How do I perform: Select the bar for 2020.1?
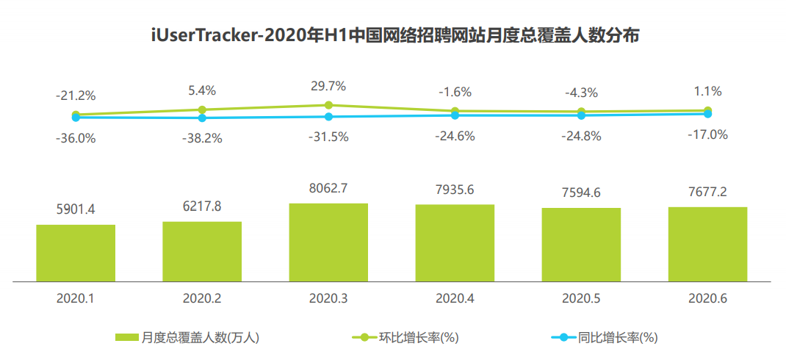(76, 253)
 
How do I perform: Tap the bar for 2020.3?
(328, 242)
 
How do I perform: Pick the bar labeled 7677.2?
(707, 244)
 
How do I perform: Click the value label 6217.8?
(202, 207)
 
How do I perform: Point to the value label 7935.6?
(455, 190)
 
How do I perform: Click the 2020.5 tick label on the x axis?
(581, 299)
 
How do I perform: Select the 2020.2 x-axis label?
(202, 299)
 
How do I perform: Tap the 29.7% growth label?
(328, 87)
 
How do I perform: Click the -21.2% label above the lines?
(76, 96)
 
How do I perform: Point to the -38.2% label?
(202, 137)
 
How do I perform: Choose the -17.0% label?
(707, 134)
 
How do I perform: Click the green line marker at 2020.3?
(328, 105)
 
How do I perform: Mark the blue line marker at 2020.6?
(707, 114)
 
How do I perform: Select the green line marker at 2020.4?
(455, 111)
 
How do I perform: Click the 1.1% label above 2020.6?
(707, 92)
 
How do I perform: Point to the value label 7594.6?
(581, 193)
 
